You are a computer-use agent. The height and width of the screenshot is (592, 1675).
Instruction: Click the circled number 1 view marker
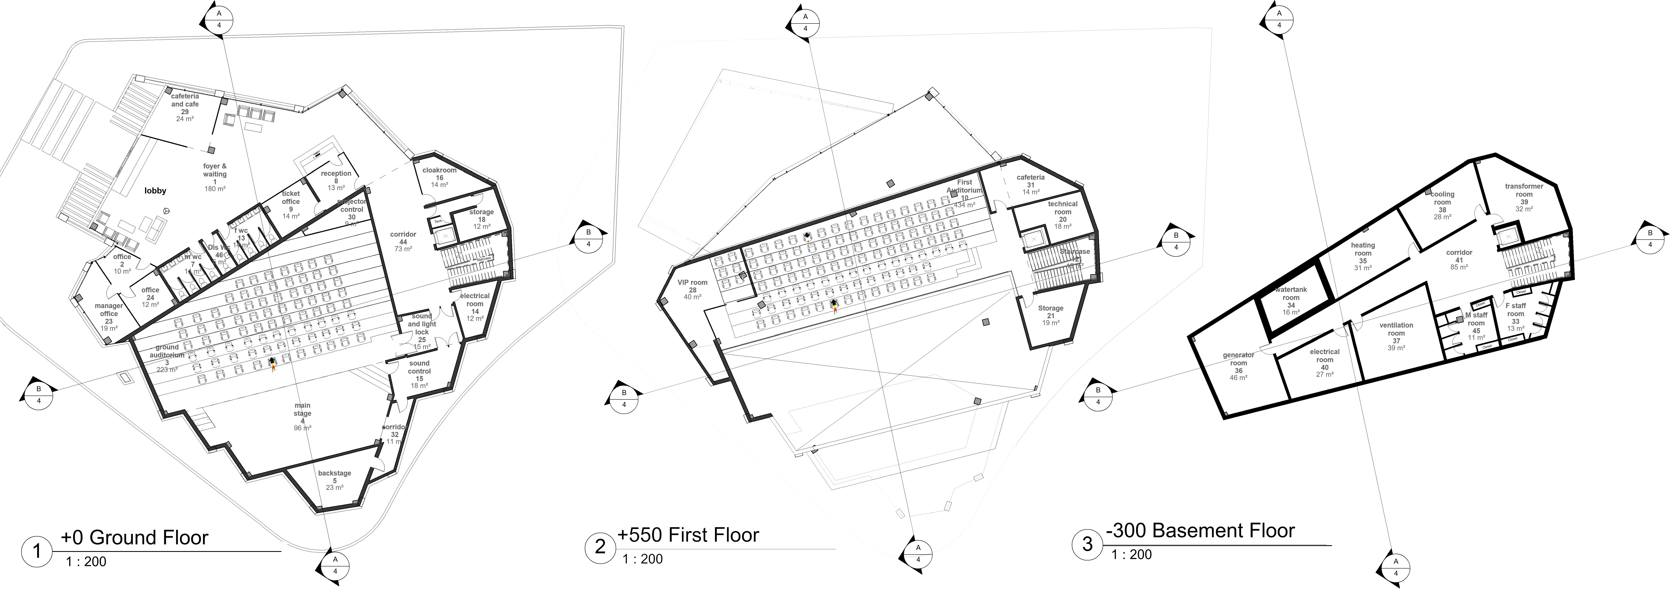point(37,551)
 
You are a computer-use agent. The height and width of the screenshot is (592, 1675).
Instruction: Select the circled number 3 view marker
point(1087,543)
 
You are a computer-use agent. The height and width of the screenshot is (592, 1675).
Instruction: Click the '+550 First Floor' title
point(688,535)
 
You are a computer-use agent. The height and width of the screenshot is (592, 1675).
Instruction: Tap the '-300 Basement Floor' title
point(1200,531)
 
